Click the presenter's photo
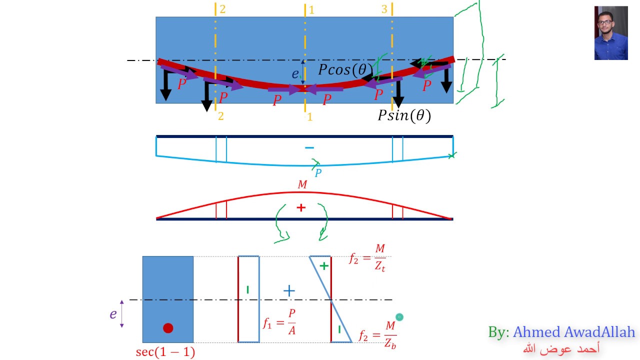(610, 33)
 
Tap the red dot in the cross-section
(168, 328)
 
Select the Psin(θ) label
(404, 116)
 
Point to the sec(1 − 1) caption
(165, 352)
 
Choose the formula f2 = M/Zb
(378, 334)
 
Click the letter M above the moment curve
(302, 185)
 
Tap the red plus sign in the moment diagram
(300, 207)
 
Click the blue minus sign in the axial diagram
(309, 147)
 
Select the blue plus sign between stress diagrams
(289, 290)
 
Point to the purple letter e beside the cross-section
(113, 314)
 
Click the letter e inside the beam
(295, 74)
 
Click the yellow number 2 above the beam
(222, 9)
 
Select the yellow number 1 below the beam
(310, 117)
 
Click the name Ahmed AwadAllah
(573, 332)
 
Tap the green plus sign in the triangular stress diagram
(324, 266)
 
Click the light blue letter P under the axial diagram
(318, 173)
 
